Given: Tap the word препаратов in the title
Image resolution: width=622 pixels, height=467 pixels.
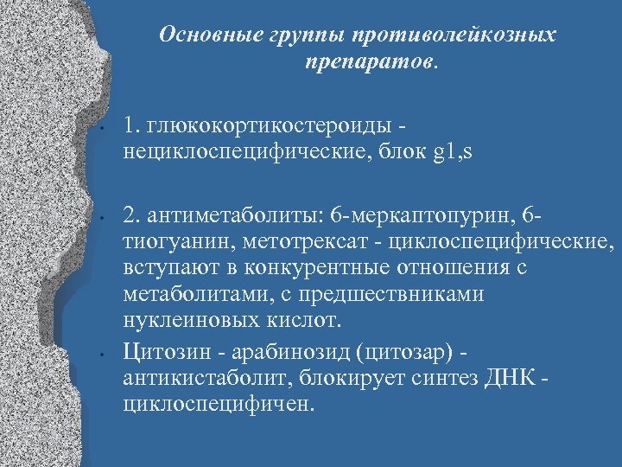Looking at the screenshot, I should [x=370, y=62].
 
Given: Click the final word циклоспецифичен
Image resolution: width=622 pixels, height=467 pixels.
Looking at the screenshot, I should [x=215, y=404].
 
